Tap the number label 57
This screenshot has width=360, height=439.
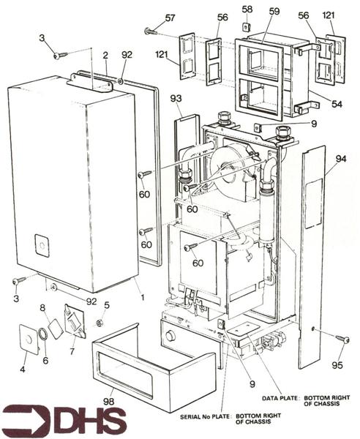tap(170, 18)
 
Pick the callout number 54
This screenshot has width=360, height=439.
tap(336, 105)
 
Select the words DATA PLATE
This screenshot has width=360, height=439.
tap(277, 398)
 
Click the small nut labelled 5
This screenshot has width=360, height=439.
tap(100, 322)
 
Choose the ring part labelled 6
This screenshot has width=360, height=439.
tap(43, 334)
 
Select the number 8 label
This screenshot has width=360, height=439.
tap(43, 307)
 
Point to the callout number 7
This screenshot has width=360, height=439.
tap(72, 350)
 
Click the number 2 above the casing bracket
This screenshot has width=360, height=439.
tap(105, 55)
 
